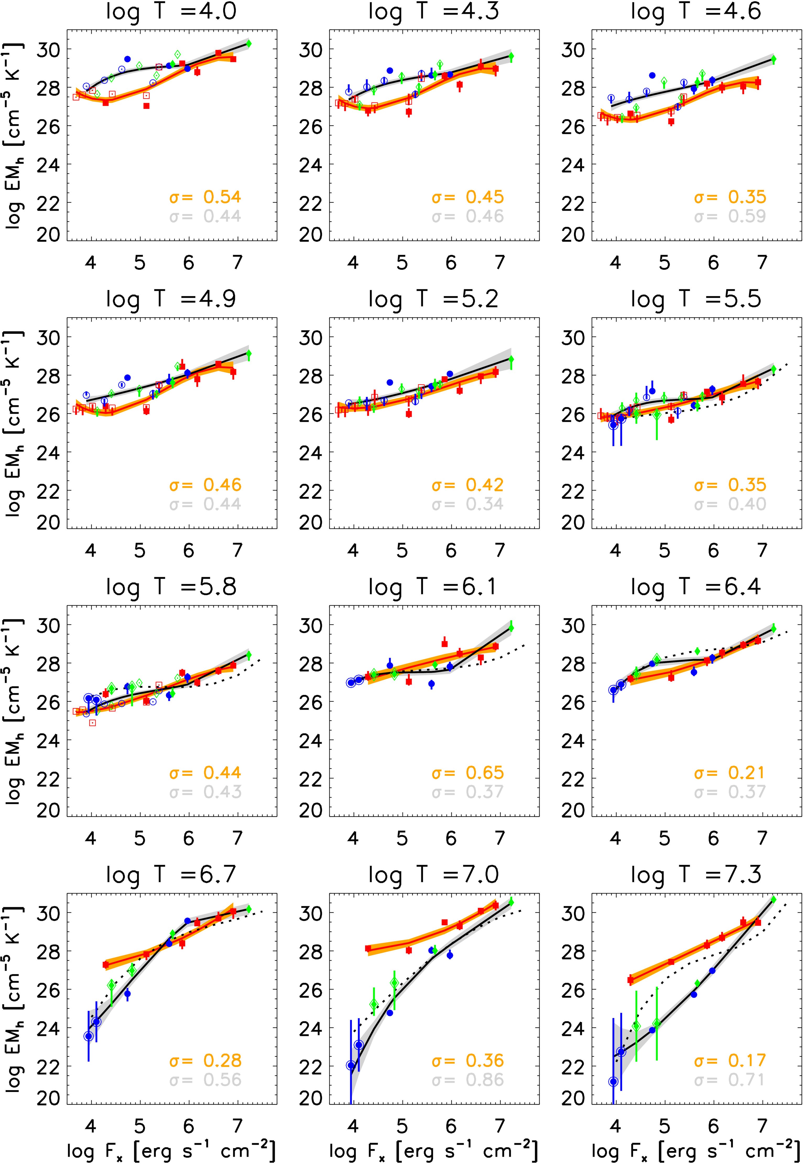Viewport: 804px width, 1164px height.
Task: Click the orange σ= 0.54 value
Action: (x=205, y=197)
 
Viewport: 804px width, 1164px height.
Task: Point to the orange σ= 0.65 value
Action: (x=468, y=773)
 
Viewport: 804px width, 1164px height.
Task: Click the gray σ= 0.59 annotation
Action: (x=730, y=217)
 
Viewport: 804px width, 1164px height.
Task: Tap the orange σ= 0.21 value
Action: (x=730, y=773)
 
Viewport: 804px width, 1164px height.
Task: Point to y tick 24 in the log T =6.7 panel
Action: (x=48, y=1028)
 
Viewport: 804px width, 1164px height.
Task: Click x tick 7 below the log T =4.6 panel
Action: (x=762, y=262)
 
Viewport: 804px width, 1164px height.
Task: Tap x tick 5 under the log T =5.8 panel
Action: (x=139, y=838)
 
